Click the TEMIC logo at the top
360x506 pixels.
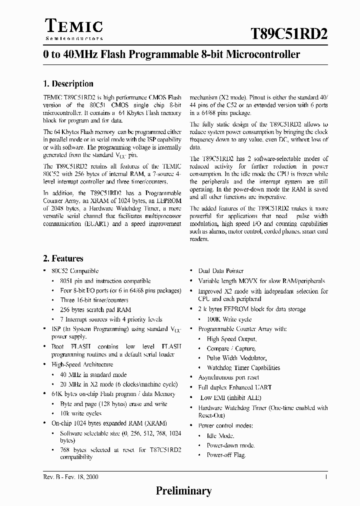[x=74, y=26]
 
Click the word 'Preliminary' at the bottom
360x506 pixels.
[x=183, y=491]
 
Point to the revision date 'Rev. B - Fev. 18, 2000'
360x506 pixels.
[x=70, y=477]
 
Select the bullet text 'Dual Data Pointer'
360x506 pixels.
[x=221, y=271]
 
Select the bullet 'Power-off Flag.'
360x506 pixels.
[x=226, y=455]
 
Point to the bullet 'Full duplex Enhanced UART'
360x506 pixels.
[x=235, y=387]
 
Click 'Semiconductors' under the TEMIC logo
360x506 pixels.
[x=74, y=38]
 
